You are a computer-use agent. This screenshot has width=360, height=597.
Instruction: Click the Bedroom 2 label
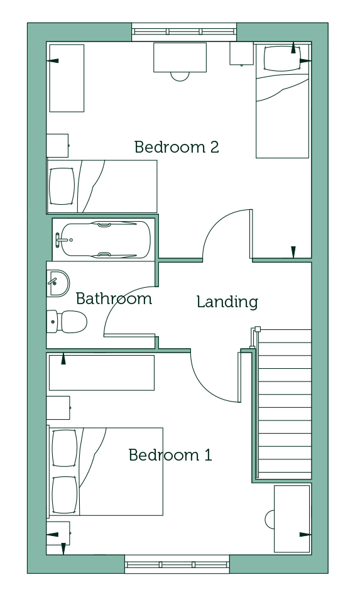point(177,147)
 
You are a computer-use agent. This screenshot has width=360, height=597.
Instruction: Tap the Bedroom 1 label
point(170,454)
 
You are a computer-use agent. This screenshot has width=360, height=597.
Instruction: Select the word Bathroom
point(114,298)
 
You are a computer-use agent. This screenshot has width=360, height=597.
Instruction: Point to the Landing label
point(227,302)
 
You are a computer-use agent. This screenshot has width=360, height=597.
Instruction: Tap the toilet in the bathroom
point(67,322)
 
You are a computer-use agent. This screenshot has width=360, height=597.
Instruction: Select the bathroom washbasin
point(58,283)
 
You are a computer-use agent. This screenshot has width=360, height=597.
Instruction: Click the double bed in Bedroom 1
point(106,471)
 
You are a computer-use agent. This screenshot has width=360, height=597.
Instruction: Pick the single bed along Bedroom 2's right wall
point(282,101)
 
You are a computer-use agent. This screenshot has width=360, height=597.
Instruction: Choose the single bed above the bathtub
point(102,186)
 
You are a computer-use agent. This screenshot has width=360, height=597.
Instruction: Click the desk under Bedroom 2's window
point(180,57)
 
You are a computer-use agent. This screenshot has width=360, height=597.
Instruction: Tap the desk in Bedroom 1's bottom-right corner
point(292,518)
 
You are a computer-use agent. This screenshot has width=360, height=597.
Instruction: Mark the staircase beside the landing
point(283,403)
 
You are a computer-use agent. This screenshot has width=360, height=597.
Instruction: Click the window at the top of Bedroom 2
point(184,32)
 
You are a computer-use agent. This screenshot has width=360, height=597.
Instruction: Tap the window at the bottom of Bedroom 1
point(177,564)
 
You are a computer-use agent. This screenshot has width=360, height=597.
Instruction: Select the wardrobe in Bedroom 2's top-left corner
point(67,78)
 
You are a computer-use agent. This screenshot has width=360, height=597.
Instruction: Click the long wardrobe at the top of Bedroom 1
point(102,373)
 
